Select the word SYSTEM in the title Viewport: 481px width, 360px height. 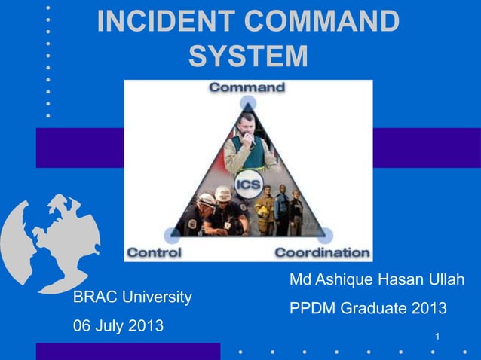coord(248,56)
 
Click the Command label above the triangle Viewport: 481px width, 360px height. coord(247,87)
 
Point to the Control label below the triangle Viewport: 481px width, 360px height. coord(154,252)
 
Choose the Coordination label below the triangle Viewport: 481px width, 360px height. coord(323,252)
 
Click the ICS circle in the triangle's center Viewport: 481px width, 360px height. coord(248,185)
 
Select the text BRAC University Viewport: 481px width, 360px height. coord(132,297)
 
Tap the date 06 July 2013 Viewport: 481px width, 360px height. coord(118,328)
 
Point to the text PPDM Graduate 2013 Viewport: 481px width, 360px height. coord(368,309)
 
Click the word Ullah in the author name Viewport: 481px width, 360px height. coord(446,280)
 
